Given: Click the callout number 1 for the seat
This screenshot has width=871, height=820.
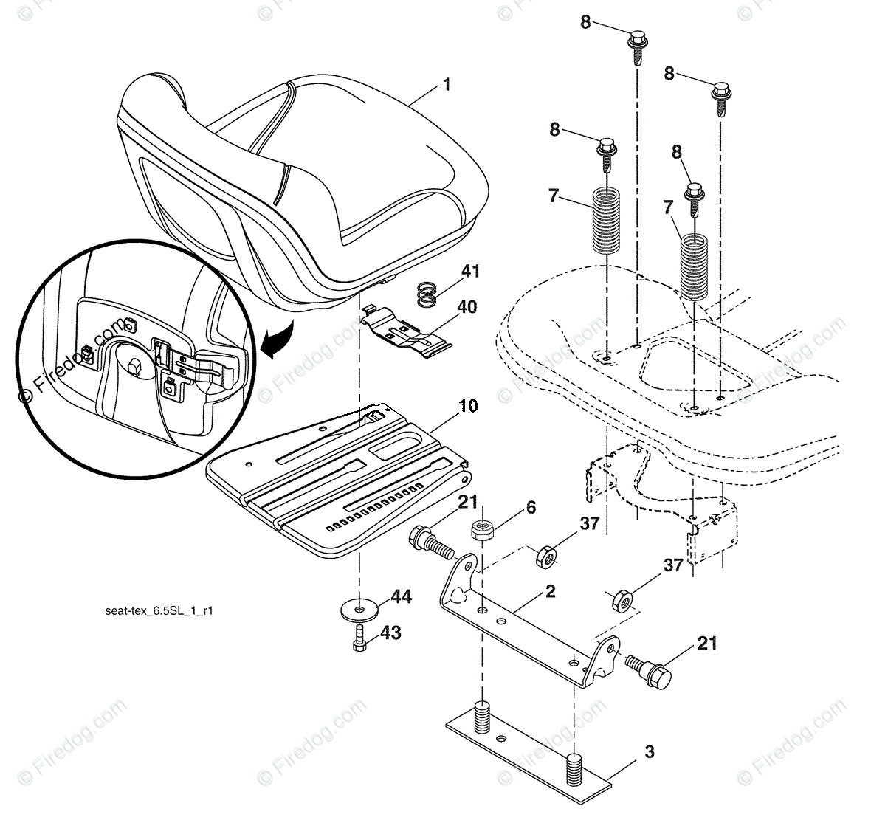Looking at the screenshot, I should pyautogui.click(x=446, y=86).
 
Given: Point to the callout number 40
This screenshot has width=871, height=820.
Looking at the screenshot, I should pyautogui.click(x=467, y=306).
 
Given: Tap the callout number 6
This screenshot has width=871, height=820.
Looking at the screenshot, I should pyautogui.click(x=530, y=508).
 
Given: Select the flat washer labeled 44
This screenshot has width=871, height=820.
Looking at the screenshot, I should pyautogui.click(x=359, y=609).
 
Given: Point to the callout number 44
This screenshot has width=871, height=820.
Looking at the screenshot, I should pyautogui.click(x=401, y=596).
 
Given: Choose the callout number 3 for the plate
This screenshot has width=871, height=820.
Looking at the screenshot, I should pyautogui.click(x=649, y=752).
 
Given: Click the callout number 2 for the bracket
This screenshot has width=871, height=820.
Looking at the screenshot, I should pyautogui.click(x=550, y=591).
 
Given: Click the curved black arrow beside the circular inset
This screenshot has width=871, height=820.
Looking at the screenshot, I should pyautogui.click(x=278, y=344).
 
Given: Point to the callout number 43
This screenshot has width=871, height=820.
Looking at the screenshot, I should pyautogui.click(x=390, y=633).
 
